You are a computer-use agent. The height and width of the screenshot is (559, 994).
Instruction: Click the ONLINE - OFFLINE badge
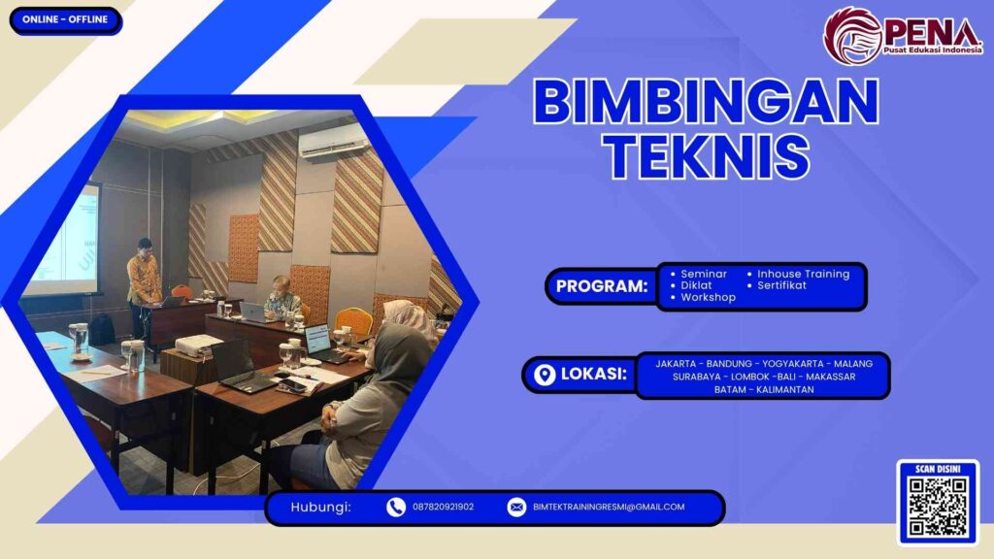pos(66,20)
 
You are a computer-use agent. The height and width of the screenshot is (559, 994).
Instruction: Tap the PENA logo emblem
pos(853,36)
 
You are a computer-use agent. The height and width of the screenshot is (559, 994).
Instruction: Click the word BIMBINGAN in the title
pos(706,102)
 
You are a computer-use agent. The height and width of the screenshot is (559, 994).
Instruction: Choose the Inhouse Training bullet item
pos(803,274)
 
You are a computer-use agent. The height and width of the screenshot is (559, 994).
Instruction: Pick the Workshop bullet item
pos(707,298)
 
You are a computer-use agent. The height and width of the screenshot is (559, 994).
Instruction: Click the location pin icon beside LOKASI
pos(545,375)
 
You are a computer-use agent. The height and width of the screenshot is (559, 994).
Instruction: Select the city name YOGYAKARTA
pos(784,363)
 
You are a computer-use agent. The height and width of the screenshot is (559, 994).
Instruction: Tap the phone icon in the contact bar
pos(396,507)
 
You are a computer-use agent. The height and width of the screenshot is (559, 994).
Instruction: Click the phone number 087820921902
pos(444,507)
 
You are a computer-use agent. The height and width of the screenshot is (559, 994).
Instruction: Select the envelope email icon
pos(517,507)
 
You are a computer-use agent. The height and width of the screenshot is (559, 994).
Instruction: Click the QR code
pos(938,508)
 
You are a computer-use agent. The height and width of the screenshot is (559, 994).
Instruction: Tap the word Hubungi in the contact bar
pos(320,507)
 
